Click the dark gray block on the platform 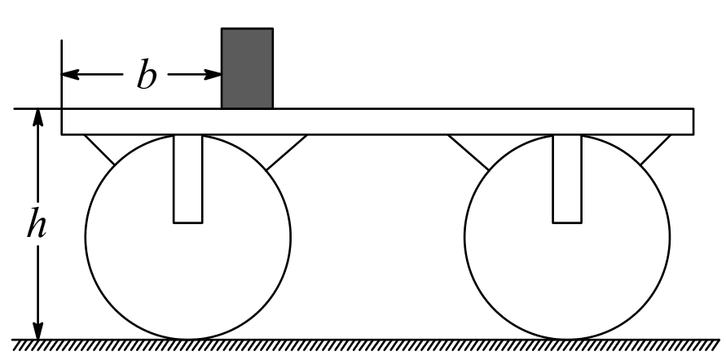tap(247, 68)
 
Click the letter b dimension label tap(147, 73)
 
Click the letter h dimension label tap(37, 223)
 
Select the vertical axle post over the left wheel tap(188, 179)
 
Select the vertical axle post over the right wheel tap(567, 179)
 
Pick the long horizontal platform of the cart tap(377, 121)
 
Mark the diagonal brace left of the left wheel tap(99, 150)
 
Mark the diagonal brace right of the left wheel tap(287, 152)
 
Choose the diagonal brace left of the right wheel tap(469, 152)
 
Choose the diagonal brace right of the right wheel tap(656, 150)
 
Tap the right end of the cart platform tap(693, 121)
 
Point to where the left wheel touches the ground tap(188, 340)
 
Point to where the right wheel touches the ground tap(567, 340)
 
